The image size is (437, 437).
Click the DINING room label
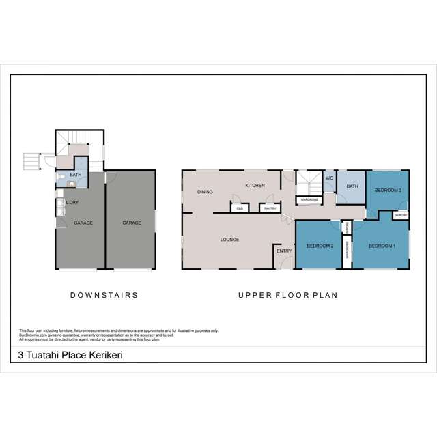205,192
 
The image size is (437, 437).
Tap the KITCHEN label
255,186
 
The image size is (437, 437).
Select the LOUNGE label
229,240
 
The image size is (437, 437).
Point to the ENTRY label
284,251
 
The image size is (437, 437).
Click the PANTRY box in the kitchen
270,208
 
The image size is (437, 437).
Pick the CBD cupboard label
240,208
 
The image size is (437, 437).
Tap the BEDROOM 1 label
382,246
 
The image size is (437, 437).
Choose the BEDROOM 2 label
320,246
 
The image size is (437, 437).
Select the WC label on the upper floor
328,178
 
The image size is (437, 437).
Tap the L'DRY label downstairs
71,203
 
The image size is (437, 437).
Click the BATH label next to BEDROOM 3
352,186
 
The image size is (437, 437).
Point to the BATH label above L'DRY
76,175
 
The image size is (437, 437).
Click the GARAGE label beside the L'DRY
83,223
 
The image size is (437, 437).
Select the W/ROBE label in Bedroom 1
400,215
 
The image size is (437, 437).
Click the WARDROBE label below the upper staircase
309,200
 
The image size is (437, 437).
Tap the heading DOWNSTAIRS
104,296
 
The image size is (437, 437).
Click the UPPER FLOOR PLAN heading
288,296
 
